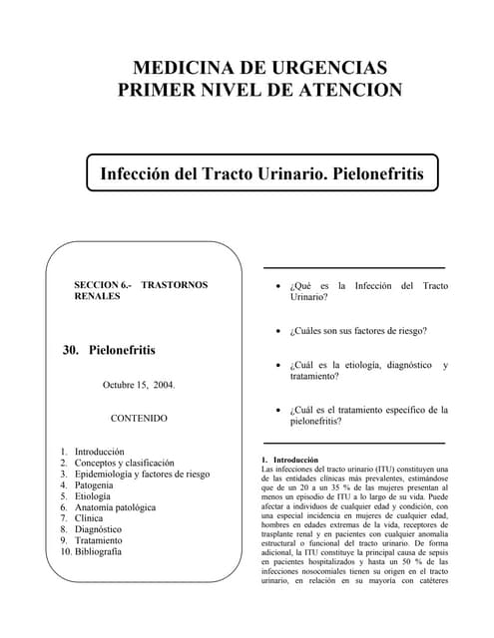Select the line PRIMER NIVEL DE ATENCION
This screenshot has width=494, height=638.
coord(259,91)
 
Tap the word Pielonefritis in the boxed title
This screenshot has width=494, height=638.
coord(370,173)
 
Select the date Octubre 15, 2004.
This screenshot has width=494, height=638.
coord(139,384)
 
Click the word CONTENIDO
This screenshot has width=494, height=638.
coord(139,419)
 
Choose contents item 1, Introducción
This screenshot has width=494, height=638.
coord(100,452)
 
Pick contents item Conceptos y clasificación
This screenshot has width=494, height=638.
coord(125,464)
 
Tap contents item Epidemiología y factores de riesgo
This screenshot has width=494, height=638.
coord(142,476)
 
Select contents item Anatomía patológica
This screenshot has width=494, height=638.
coord(115,507)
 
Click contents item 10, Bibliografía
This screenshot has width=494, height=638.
coord(98,551)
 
